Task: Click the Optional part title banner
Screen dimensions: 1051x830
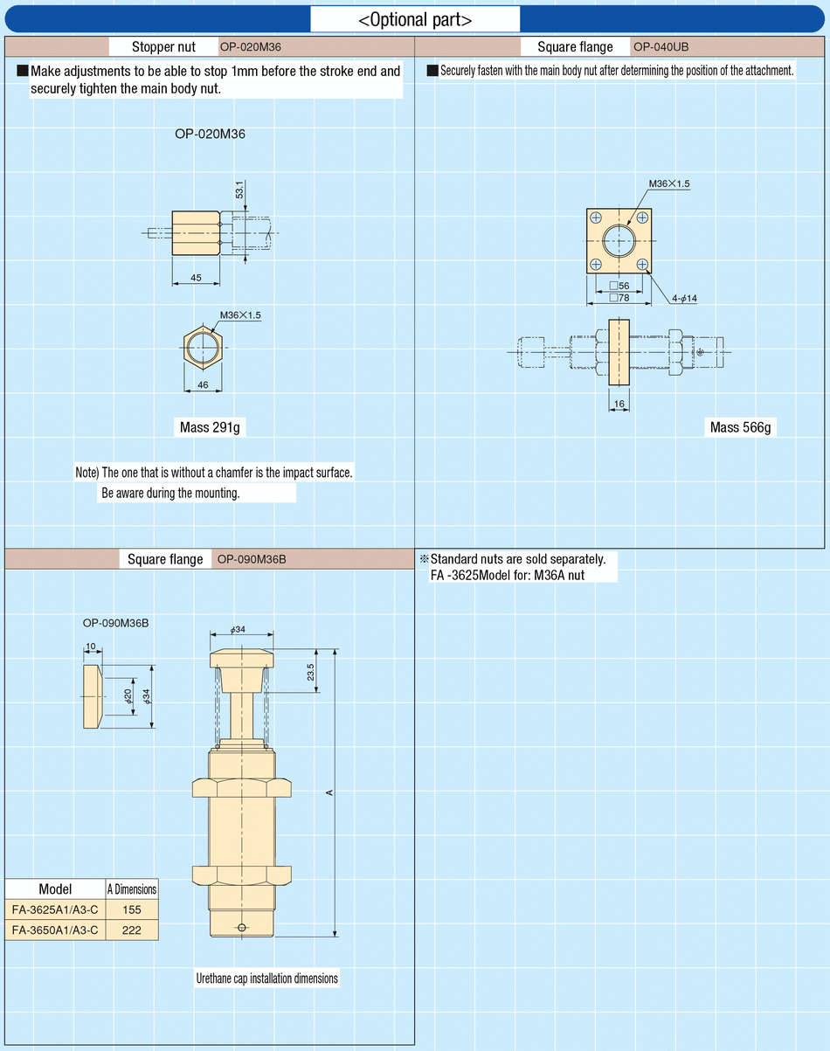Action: [x=415, y=19]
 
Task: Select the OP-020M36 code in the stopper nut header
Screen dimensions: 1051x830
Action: [x=251, y=46]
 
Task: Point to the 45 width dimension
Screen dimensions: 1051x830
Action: [x=196, y=278]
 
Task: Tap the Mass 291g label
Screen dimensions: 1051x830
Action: [x=209, y=427]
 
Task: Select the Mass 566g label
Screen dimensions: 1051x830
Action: [x=741, y=427]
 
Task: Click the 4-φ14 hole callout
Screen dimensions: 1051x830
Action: [x=684, y=299]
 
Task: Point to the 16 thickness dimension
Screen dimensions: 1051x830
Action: [x=619, y=404]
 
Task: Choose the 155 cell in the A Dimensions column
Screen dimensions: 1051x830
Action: [x=132, y=909]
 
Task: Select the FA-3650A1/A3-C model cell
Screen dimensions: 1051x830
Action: [x=55, y=930]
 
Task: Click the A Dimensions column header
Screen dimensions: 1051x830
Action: [x=132, y=889]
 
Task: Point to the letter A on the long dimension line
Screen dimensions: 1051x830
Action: [x=329, y=792]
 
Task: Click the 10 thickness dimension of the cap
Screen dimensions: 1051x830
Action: [x=90, y=647]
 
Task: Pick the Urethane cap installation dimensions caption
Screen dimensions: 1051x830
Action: [x=266, y=978]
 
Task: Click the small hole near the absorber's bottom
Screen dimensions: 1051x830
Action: [x=242, y=927]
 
